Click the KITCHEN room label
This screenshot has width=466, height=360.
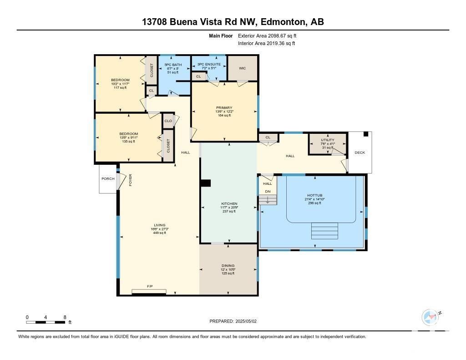[x=229, y=203]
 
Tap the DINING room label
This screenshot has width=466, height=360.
[x=228, y=266]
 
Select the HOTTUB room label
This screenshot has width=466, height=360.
[x=315, y=195]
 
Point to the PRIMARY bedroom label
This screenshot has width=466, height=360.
[x=224, y=107]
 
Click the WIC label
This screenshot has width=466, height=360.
[x=242, y=68]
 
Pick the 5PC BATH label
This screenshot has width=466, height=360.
[x=173, y=65]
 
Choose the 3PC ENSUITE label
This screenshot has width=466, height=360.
[x=209, y=64]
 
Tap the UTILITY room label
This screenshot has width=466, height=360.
[x=328, y=140]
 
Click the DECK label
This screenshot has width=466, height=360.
[x=360, y=152]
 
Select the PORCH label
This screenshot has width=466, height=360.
[x=108, y=179]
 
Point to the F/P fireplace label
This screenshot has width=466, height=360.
[x=150, y=286]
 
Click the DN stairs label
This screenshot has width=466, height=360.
[x=268, y=192]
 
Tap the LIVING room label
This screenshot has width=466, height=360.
[x=160, y=225]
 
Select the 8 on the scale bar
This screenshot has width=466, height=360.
[x=65, y=317]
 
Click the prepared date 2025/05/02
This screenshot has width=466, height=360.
[x=246, y=321]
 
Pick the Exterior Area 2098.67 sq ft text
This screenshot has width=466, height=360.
[x=267, y=35]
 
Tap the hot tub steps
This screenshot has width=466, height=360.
[x=324, y=231]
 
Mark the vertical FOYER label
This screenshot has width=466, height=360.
[x=130, y=180]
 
